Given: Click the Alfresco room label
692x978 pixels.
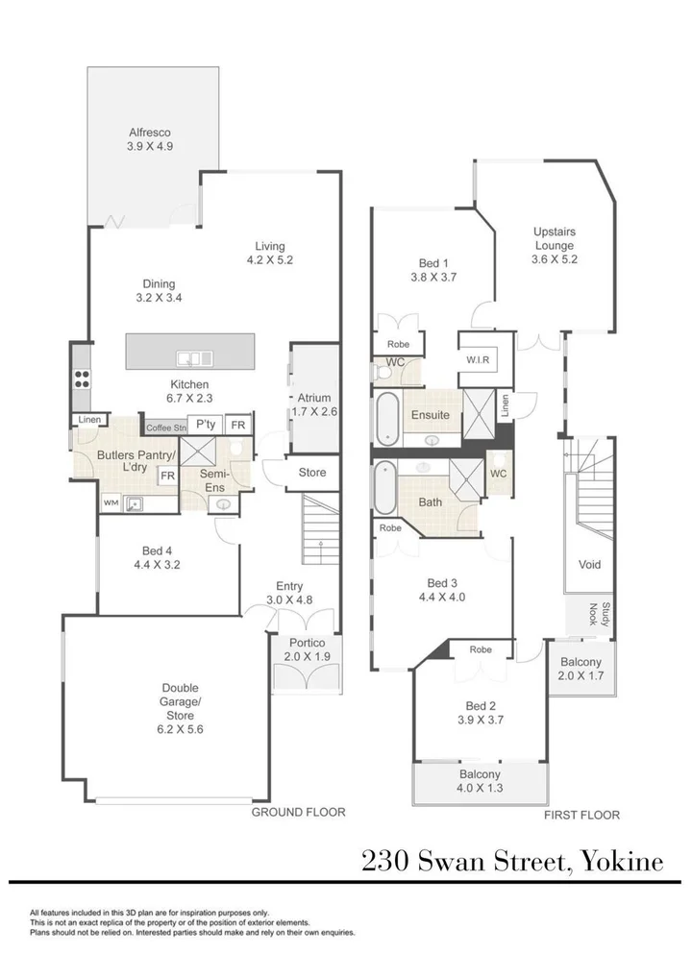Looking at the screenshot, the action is pos(150,133).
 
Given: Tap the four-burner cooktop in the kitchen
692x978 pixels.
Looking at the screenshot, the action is pos(83,379).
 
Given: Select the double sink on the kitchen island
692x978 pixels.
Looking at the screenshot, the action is pos(195,358).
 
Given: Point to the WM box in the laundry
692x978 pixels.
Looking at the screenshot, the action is pos(111,502).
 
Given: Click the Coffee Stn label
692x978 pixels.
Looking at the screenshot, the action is pos(166,428).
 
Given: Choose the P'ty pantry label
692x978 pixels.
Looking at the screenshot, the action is pos(206,424).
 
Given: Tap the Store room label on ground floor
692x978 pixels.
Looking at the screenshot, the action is pos(312,472).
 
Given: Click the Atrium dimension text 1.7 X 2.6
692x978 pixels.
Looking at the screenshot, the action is pos(314,411).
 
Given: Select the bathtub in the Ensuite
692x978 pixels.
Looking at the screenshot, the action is pos(387,418).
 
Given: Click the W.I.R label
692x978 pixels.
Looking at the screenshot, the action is pos(478,360).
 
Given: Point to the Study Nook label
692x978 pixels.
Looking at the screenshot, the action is pos(599,614).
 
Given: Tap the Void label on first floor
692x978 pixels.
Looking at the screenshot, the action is pos(590,565).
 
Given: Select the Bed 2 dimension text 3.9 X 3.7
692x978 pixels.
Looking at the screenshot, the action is pos(481,720).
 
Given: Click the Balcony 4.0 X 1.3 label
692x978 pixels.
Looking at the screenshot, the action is pos(480,781).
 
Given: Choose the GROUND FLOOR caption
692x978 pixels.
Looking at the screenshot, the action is pos(298,812).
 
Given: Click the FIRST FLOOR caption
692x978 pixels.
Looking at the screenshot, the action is pos(581,816).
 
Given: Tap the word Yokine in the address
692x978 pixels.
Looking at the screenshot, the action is pos(622,862).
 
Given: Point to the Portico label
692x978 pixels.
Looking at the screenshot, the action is pos(307,643).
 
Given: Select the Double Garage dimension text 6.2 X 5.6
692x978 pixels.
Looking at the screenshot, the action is pos(181,729).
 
